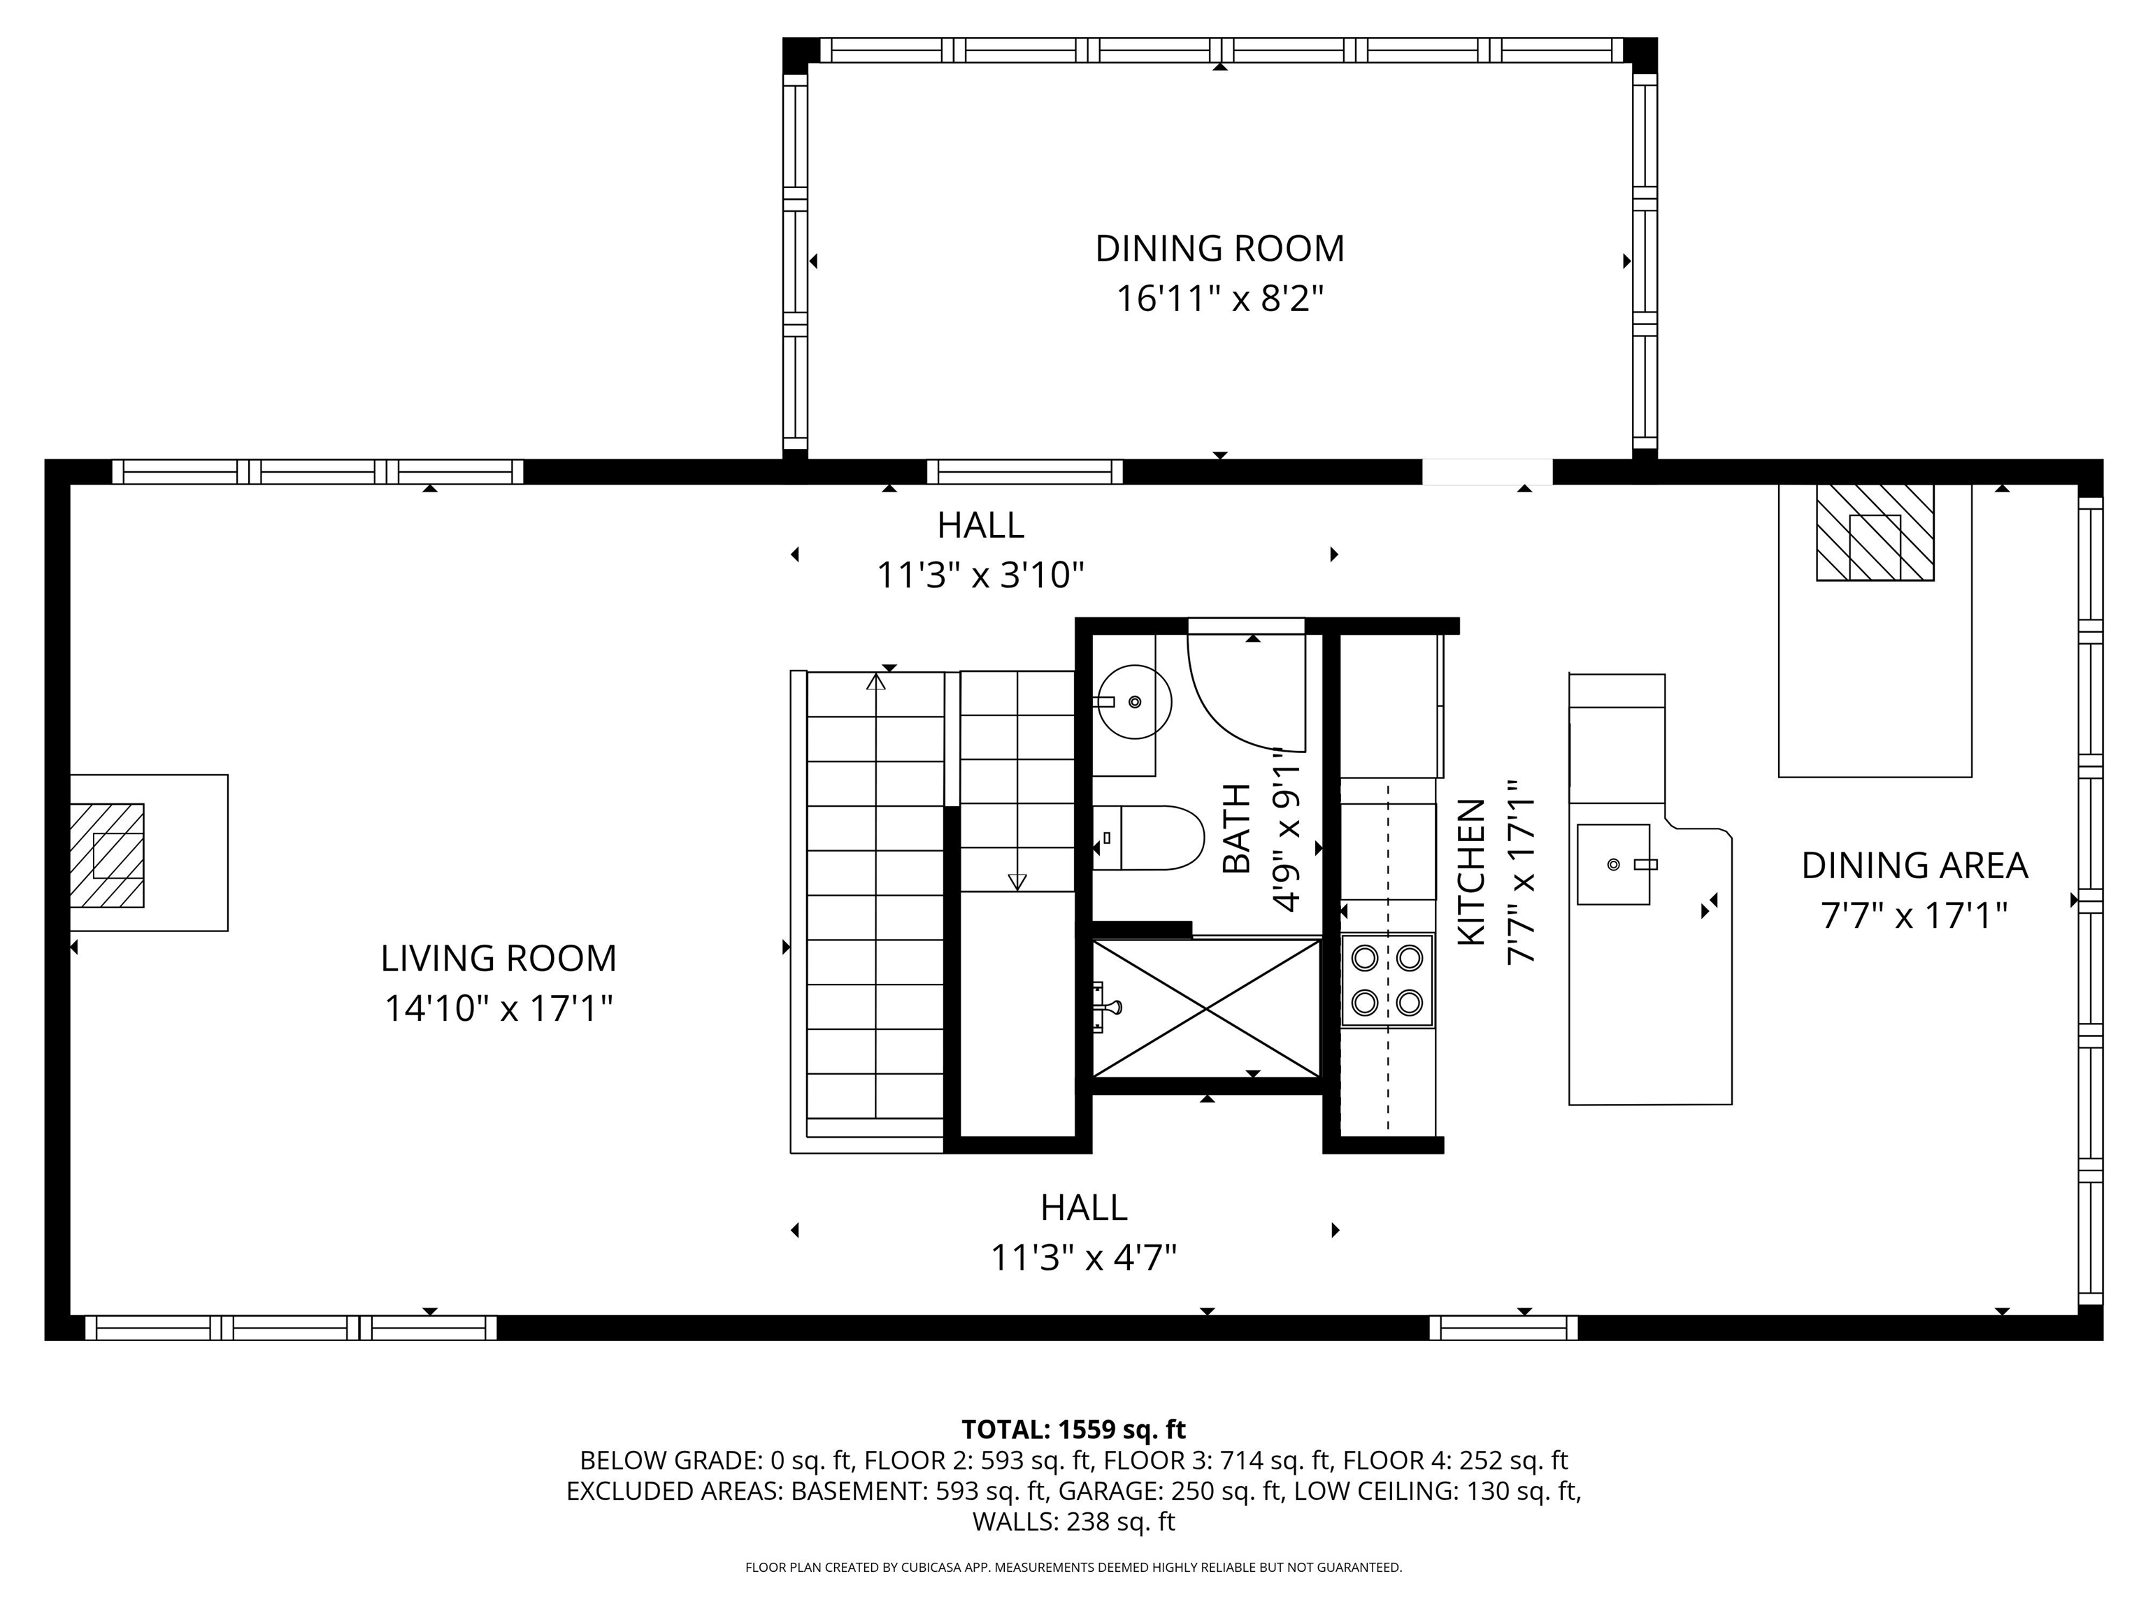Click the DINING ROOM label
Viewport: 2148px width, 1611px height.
coord(1219,249)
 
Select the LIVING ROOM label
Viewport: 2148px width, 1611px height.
coord(498,959)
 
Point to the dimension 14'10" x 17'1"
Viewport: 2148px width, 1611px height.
coord(498,1009)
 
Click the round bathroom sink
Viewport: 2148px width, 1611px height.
coord(1135,701)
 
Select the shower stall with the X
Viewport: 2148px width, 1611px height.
coord(1206,1009)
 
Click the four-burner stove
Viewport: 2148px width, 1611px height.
coord(1387,981)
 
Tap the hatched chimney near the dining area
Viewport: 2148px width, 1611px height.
coord(1874,533)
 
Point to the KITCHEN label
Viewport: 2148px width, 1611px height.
coord(1471,872)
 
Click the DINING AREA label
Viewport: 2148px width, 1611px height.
coord(1914,865)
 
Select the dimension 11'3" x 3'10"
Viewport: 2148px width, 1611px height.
coord(980,576)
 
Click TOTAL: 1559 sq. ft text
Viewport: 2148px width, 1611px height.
coord(1073,1429)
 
